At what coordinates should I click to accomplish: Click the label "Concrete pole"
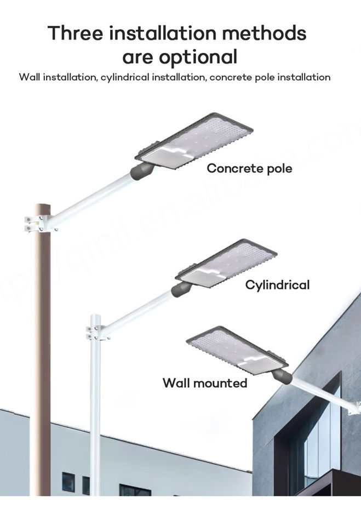pos(249,168)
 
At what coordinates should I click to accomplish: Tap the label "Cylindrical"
pos(277,284)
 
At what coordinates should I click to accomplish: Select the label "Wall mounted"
pos(205,382)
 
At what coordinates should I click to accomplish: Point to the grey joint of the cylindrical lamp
pos(180,288)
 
